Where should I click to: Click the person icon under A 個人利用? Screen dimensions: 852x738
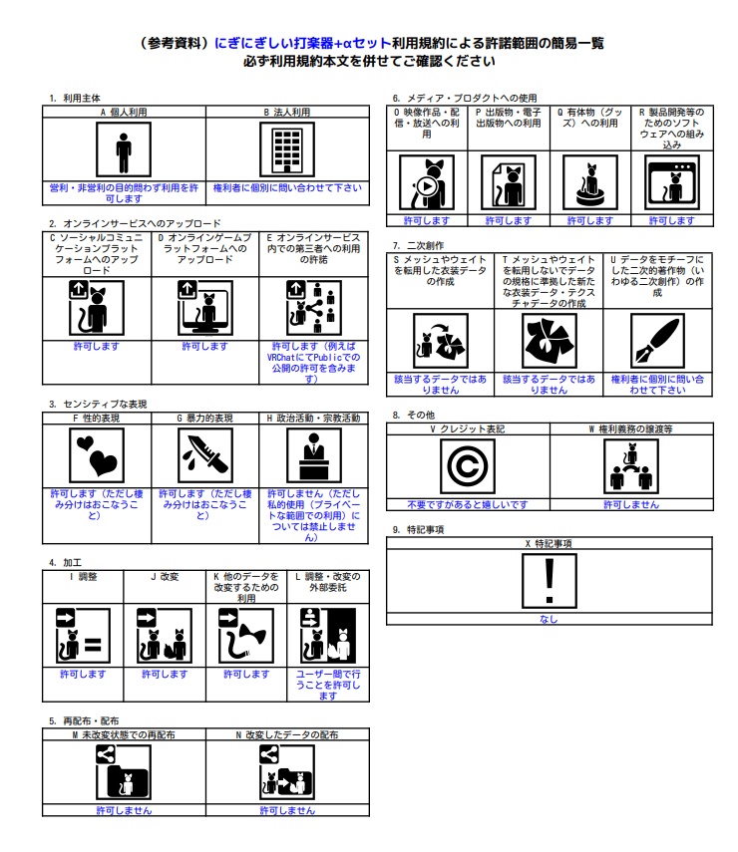[x=124, y=150]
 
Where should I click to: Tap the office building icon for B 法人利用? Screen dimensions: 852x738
[x=286, y=150]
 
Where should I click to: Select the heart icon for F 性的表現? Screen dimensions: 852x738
[x=96, y=456]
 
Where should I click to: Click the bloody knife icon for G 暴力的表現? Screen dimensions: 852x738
[x=204, y=456]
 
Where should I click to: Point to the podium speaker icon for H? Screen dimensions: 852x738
[x=313, y=456]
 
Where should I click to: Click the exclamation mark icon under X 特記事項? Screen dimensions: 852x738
[x=549, y=580]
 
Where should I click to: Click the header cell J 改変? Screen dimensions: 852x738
[x=165, y=576]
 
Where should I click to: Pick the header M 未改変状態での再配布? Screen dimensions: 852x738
[x=124, y=734]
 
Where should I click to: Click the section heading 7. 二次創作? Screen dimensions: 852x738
[x=419, y=245]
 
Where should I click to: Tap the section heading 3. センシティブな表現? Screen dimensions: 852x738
[x=98, y=405]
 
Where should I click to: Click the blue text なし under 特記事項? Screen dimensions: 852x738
[x=549, y=619]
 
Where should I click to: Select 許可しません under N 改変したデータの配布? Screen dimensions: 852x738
[x=287, y=810]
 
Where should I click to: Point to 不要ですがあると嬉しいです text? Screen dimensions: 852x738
[x=467, y=504]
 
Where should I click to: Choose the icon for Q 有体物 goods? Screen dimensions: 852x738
[x=589, y=182]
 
